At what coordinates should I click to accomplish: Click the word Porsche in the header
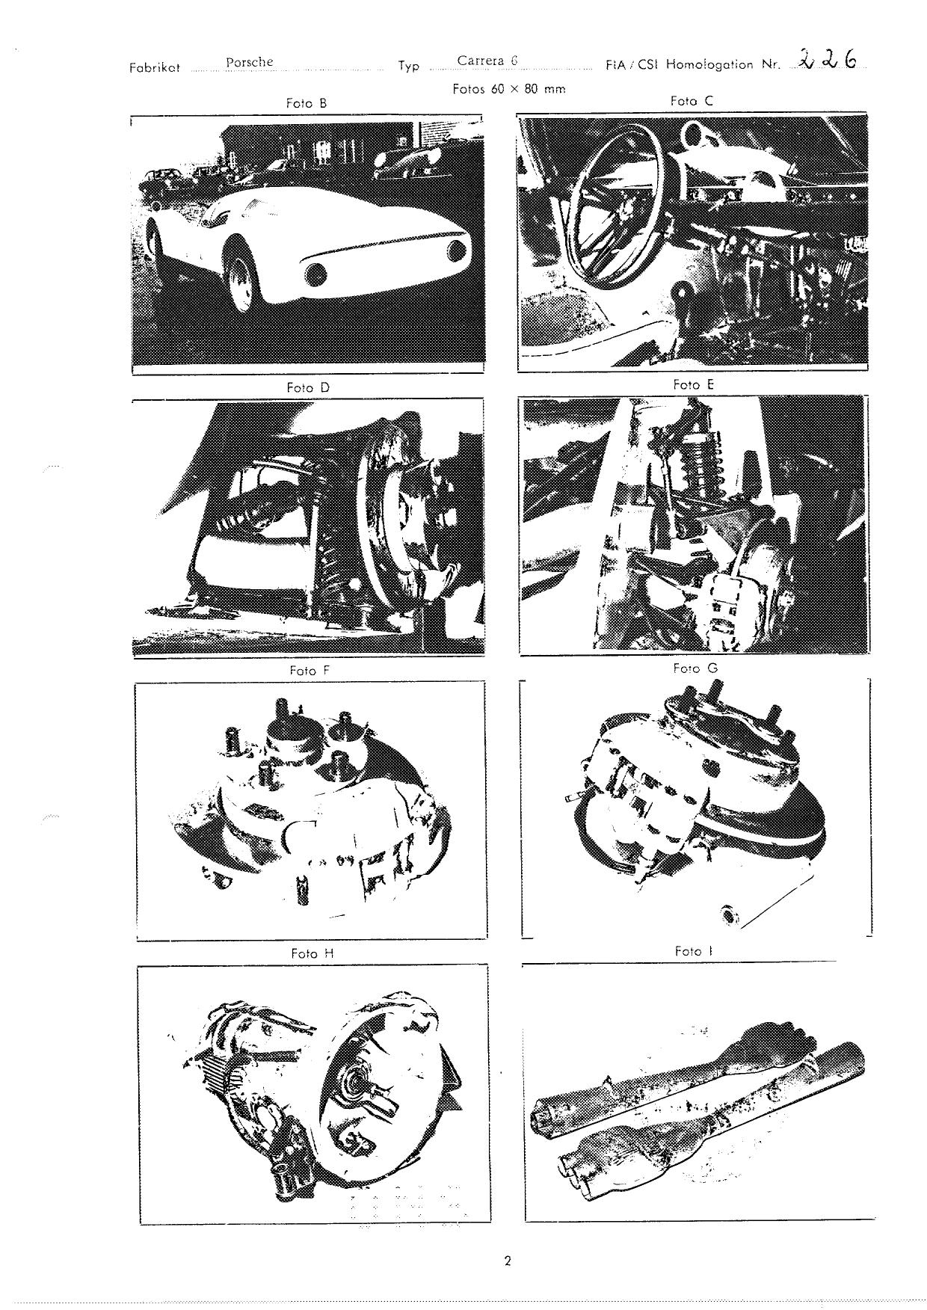click(249, 62)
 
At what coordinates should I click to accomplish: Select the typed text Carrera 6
click(487, 61)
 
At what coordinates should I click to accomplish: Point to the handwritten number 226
click(826, 58)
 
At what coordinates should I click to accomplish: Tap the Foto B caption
click(307, 104)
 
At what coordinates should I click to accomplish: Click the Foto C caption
click(692, 100)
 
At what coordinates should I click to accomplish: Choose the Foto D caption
click(307, 388)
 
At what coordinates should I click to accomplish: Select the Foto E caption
click(693, 384)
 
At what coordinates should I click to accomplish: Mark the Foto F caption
click(309, 671)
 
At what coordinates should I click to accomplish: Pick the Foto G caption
click(695, 668)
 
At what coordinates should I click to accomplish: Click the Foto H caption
click(312, 954)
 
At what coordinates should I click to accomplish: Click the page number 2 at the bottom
click(507, 1261)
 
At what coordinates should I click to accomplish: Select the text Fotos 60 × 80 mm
click(508, 88)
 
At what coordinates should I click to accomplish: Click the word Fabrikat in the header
click(155, 67)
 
